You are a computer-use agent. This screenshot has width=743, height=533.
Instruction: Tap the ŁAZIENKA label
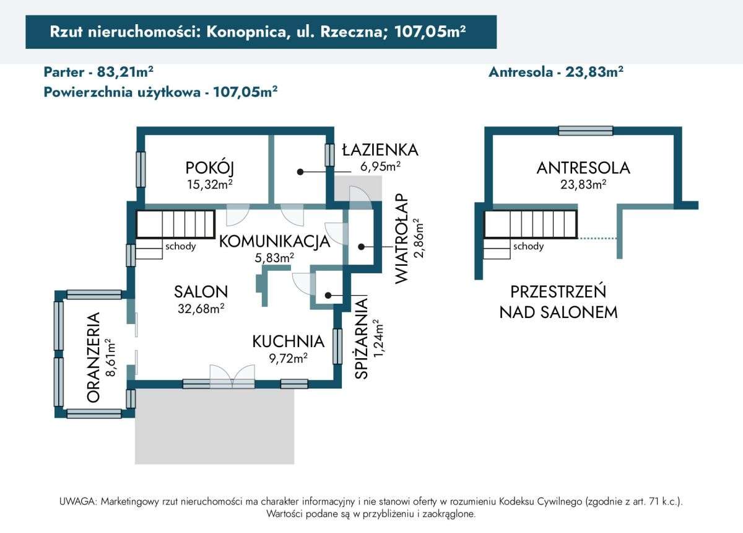pyautogui.click(x=380, y=149)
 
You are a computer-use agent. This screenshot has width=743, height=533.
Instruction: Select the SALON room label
pyautogui.click(x=201, y=291)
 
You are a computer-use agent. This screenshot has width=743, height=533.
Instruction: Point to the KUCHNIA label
pyautogui.click(x=288, y=341)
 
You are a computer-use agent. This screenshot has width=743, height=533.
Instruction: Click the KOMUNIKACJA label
pyautogui.click(x=275, y=242)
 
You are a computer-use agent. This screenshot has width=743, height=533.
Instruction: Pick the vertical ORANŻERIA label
pyautogui.click(x=93, y=358)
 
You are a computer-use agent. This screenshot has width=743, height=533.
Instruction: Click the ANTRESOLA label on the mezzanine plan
pyautogui.click(x=583, y=167)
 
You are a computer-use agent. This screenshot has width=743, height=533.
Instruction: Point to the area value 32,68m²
pyautogui.click(x=201, y=308)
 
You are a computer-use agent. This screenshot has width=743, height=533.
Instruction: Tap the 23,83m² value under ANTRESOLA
pyautogui.click(x=583, y=184)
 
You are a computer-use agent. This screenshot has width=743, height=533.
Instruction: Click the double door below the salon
pyautogui.click(x=232, y=377)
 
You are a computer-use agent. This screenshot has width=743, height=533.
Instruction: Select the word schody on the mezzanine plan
pyautogui.click(x=528, y=247)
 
